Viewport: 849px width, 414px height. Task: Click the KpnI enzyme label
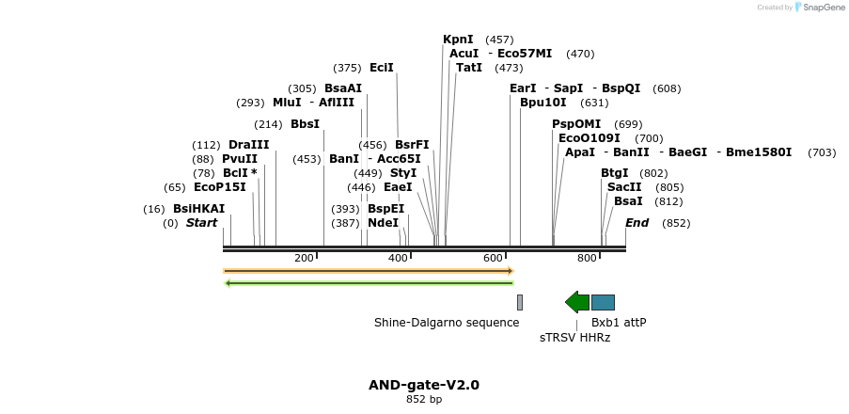(x=458, y=40)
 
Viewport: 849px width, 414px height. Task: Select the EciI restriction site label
(x=382, y=68)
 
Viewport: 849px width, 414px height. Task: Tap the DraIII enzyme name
(x=248, y=145)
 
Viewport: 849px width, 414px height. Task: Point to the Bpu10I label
(x=543, y=103)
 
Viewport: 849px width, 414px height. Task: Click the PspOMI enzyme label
(x=576, y=124)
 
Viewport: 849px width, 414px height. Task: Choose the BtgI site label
(x=615, y=173)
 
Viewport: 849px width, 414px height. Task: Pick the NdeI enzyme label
(x=383, y=223)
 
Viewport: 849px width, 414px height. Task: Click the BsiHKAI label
(x=198, y=209)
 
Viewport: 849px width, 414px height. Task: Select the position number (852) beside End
(x=676, y=223)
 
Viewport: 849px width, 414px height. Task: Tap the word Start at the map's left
(x=201, y=223)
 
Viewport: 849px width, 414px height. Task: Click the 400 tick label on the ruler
(x=399, y=258)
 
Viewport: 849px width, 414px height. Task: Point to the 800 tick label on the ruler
(x=587, y=258)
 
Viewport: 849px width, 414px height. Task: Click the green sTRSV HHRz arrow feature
(x=576, y=302)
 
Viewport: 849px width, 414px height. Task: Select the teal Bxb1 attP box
(x=603, y=302)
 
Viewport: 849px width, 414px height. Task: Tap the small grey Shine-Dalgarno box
(x=519, y=302)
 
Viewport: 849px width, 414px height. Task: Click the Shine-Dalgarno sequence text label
(x=447, y=323)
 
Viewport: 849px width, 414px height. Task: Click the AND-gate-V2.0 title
(x=424, y=385)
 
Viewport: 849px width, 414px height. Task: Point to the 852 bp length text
(x=424, y=400)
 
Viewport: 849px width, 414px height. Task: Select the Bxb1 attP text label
(x=619, y=323)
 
